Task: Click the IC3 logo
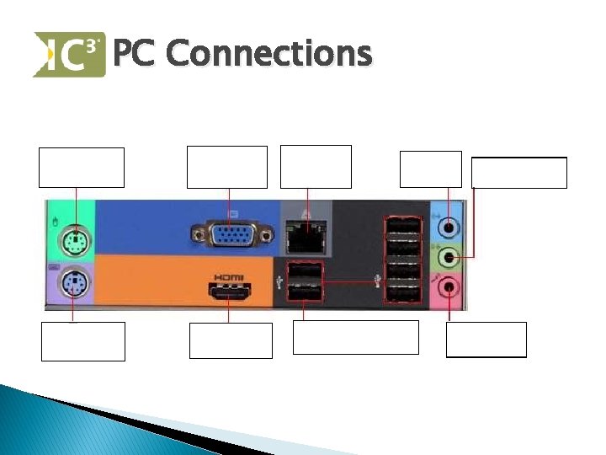coord(69,55)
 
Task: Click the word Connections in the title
coord(268,54)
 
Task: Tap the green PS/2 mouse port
coord(76,241)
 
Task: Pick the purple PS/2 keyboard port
coord(73,286)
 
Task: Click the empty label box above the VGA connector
coord(226,167)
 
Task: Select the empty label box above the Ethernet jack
coord(316,167)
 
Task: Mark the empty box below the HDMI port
coord(231,340)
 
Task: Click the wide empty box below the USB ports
coord(355,337)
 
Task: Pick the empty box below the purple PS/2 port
coord(83,341)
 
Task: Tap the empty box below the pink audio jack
coord(486,340)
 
